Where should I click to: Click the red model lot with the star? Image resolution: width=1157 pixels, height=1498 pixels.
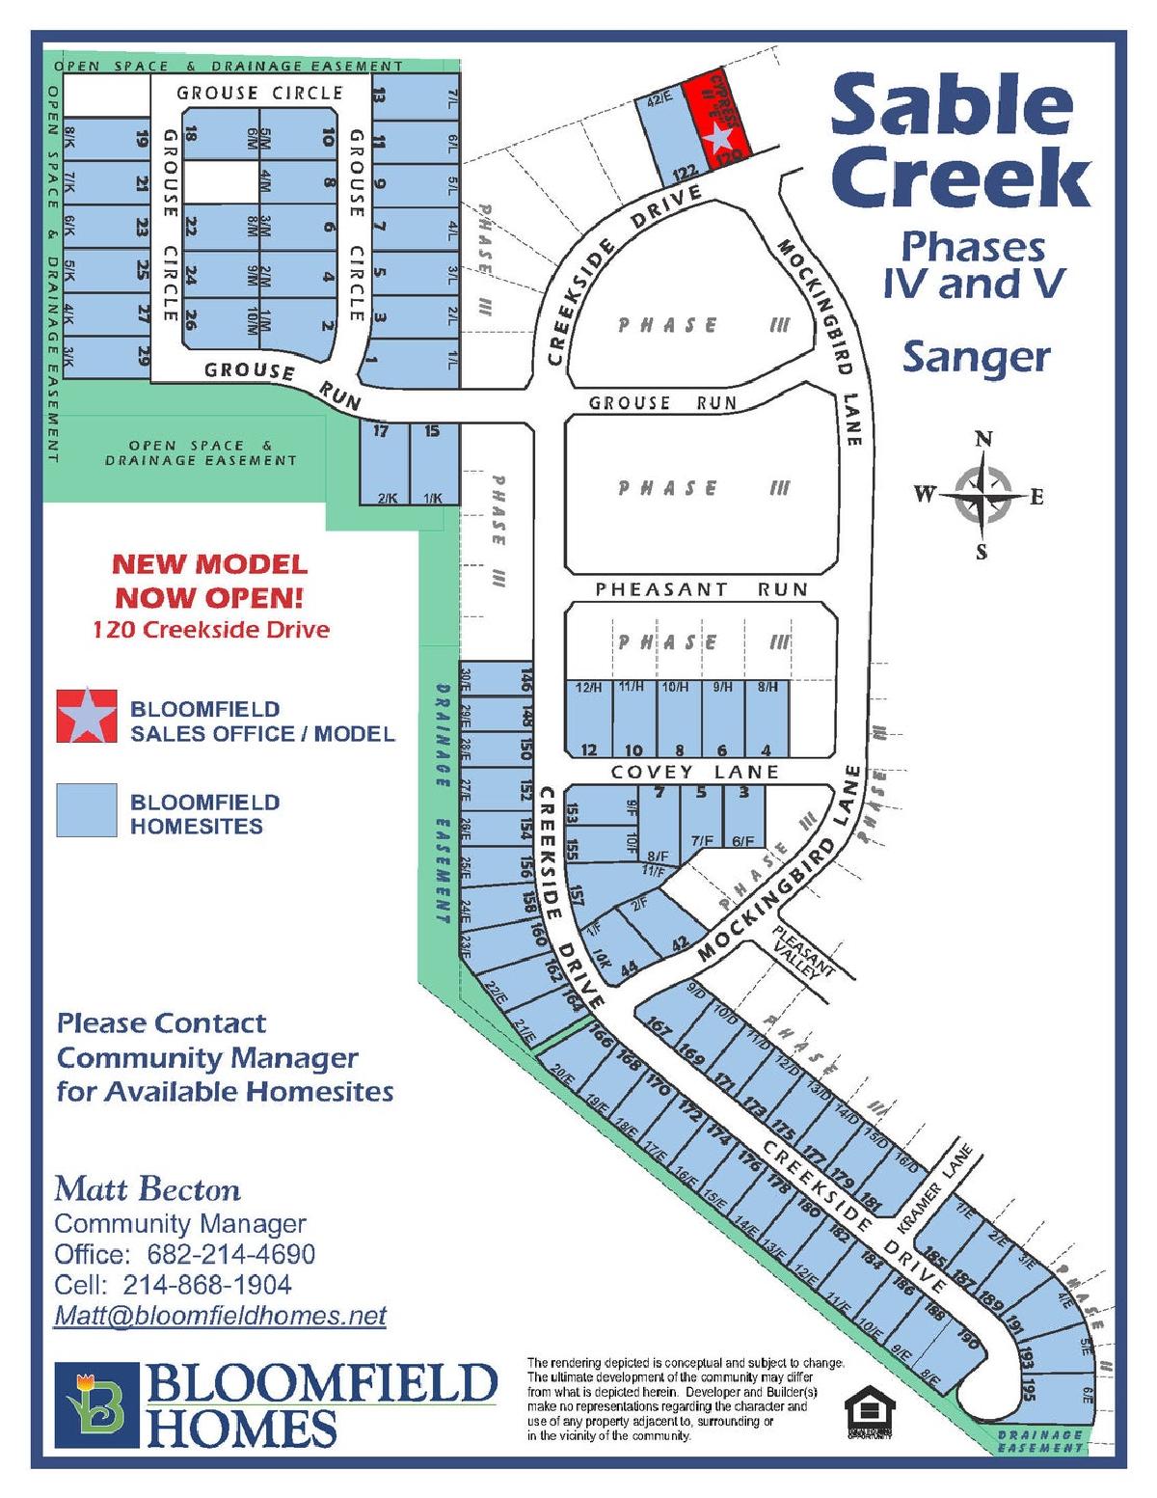coord(715,123)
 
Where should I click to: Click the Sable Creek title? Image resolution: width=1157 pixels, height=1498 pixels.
coord(959,143)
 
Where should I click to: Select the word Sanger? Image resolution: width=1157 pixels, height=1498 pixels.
coord(976,358)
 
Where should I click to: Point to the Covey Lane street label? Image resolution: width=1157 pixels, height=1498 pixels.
coord(694,772)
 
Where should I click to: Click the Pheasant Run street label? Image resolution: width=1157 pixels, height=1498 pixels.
coord(701,589)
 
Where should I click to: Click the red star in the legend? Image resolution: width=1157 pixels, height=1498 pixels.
coord(87,716)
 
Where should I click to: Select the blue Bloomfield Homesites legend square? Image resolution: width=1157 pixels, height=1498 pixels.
coord(87,810)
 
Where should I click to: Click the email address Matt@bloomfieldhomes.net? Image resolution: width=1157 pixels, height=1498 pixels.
coord(220,1316)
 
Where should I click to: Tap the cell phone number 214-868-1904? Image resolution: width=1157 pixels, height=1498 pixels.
coord(207,1285)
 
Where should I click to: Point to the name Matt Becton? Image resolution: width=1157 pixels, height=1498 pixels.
coord(148,1188)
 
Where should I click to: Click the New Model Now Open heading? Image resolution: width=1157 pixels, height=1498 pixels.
coord(209,581)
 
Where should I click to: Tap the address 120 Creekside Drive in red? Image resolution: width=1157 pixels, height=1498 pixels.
coord(211,630)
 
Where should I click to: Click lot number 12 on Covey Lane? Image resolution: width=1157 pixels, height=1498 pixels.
coord(588,750)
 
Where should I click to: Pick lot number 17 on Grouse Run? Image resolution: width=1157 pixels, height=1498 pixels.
coord(381,431)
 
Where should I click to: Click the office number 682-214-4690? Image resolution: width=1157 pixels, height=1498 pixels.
coord(231,1254)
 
